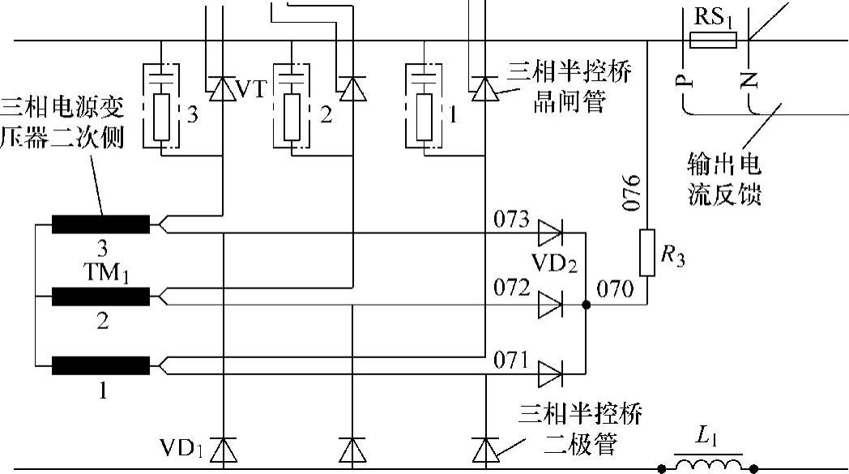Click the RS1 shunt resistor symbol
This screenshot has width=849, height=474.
(x=712, y=41)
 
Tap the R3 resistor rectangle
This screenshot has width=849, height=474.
(x=646, y=253)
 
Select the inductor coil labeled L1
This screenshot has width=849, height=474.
(x=709, y=464)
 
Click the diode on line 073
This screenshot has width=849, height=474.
(x=551, y=234)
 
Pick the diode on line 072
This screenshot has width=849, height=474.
(x=551, y=305)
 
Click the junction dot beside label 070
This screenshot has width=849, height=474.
(x=586, y=305)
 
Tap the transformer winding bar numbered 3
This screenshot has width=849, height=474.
(x=101, y=224)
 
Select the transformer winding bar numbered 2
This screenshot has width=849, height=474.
(x=101, y=296)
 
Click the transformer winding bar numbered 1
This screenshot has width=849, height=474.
(x=101, y=365)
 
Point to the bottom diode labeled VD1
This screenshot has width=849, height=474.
(x=223, y=448)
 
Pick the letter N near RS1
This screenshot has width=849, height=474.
(x=749, y=79)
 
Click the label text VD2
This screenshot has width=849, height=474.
(x=553, y=264)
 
